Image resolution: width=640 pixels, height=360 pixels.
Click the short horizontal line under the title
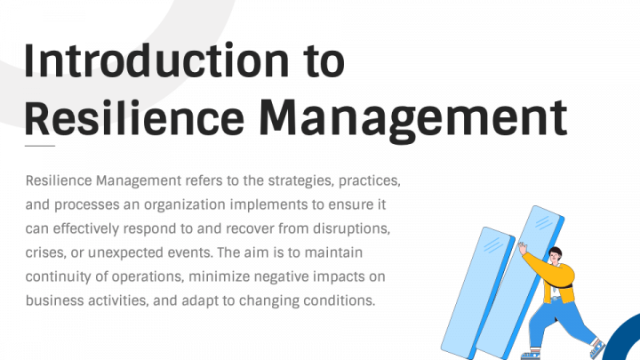click(40, 145)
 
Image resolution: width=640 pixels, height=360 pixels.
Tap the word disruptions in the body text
click(354, 229)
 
